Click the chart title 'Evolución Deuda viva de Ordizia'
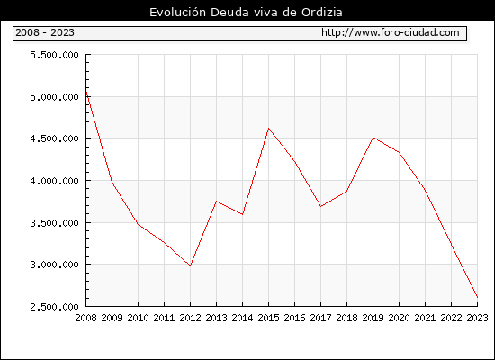(x=246, y=13)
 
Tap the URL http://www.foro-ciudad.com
(x=391, y=32)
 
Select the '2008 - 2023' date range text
(x=45, y=32)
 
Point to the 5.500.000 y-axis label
(x=54, y=55)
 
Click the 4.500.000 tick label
(x=54, y=139)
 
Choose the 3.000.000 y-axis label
(x=54, y=265)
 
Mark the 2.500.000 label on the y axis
(x=54, y=307)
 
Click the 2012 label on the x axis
(x=190, y=318)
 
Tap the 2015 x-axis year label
(x=268, y=318)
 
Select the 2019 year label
(x=373, y=318)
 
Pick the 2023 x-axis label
(x=477, y=318)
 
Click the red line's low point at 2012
(x=191, y=265)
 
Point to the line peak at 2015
(x=269, y=128)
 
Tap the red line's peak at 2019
(x=373, y=138)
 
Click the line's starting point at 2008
(x=86, y=92)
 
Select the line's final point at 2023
(x=477, y=297)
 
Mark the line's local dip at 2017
(x=320, y=206)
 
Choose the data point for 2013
(x=216, y=202)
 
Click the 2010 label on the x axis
(x=138, y=318)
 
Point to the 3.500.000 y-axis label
(x=54, y=223)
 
